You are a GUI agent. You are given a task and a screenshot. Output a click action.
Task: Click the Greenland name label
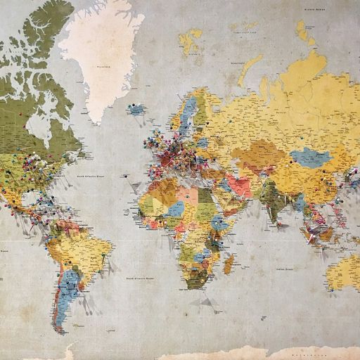coord(104,68)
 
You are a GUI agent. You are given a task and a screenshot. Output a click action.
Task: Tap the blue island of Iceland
coord(136,109)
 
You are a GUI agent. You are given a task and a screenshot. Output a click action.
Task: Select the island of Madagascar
coord(229,264)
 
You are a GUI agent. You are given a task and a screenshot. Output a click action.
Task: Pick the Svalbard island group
coord(191,41)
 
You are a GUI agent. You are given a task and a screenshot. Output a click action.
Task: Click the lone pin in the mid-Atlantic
coord(124,176)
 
